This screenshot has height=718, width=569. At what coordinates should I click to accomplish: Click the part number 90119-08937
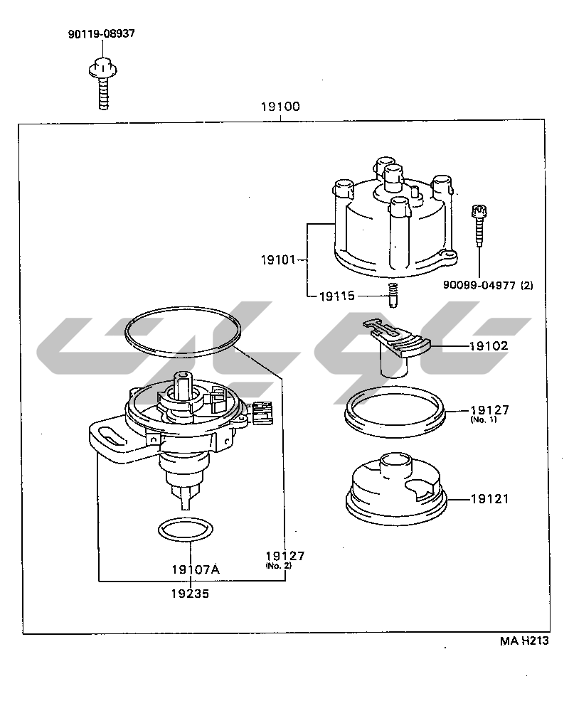point(102,33)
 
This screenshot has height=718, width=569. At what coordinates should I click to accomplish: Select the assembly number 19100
point(280,107)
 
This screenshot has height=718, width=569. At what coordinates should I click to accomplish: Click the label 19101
point(277,260)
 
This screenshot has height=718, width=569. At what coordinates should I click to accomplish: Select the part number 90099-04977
point(487,286)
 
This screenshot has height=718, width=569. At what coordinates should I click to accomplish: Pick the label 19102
point(489,346)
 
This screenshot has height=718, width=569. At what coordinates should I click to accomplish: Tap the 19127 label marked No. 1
point(489,410)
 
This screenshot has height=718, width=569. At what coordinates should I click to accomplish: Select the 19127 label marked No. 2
point(284,555)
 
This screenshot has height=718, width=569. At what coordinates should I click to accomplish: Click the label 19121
point(489,499)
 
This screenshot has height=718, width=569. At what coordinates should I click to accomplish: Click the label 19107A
point(195,569)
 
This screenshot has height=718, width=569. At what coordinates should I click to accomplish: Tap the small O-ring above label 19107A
point(184,529)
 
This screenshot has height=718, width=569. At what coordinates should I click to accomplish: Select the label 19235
point(190,592)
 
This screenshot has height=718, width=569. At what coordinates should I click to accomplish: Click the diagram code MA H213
point(524,641)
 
